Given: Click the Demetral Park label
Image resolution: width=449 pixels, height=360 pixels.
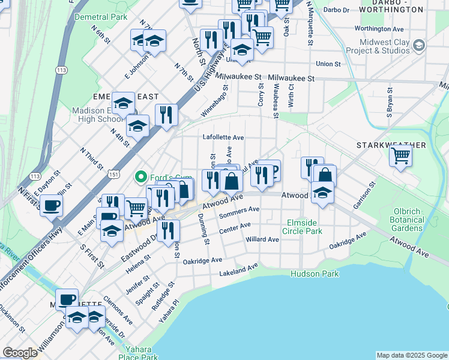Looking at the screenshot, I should pos(100,17).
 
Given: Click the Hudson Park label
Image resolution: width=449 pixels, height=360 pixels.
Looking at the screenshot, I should pos(315,274).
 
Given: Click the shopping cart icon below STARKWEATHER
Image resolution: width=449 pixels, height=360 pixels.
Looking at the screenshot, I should pos(400,157).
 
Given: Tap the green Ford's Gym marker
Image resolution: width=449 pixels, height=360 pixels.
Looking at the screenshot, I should pos(141,177).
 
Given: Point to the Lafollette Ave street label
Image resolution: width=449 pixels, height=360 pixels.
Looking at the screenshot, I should pos(223,137).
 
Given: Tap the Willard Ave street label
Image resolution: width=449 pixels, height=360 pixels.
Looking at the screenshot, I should pos(262,239).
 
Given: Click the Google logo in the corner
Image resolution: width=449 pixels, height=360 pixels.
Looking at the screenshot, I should pos(19,353).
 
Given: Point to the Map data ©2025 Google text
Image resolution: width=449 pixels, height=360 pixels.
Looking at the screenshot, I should pos(411,355).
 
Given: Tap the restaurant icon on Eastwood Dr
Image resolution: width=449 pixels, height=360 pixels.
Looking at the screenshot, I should pos(169,230).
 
